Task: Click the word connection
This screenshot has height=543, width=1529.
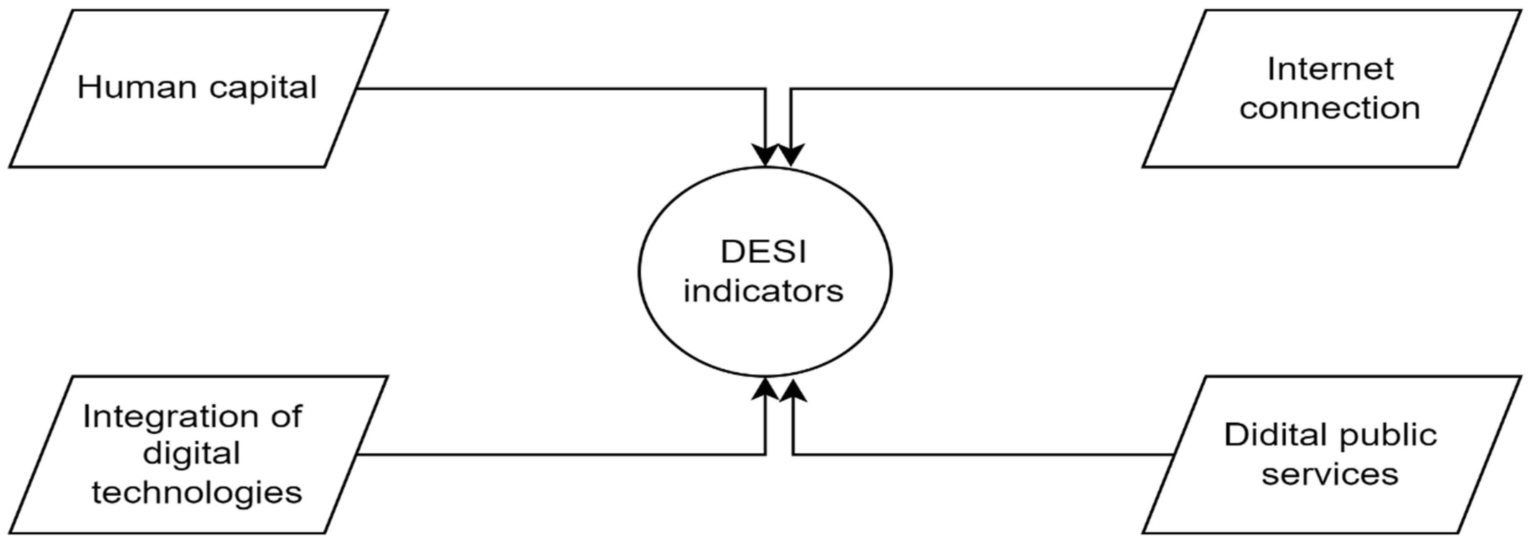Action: (1330, 108)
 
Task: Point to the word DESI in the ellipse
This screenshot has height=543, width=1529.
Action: (763, 252)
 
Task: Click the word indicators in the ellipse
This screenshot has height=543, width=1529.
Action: (763, 291)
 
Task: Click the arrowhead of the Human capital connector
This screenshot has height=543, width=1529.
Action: (765, 155)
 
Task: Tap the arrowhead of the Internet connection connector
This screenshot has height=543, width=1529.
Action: (791, 155)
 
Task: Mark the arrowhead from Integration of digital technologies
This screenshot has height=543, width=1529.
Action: (765, 389)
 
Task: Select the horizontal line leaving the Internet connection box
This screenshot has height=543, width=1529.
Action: (980, 89)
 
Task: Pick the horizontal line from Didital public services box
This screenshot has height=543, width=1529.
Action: (980, 455)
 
